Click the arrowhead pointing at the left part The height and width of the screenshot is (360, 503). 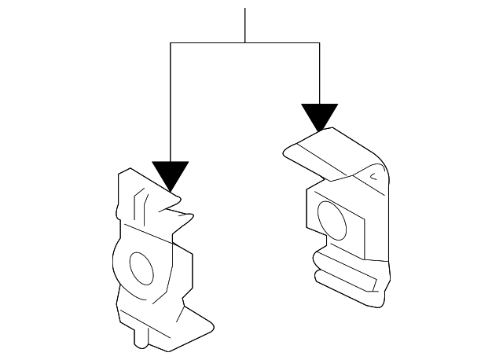coord(171,174)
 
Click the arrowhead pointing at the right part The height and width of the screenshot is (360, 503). coord(319,116)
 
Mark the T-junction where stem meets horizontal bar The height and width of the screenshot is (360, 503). coord(245,43)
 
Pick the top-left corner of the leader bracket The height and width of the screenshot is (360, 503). coord(171,43)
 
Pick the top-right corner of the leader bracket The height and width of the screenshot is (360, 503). coord(319,43)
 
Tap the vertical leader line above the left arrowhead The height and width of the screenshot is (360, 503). coord(171,102)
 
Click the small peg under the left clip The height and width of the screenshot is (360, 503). coord(140,339)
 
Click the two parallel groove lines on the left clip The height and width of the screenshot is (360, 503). coord(138,206)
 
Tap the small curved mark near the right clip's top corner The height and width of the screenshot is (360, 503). coord(373,178)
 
